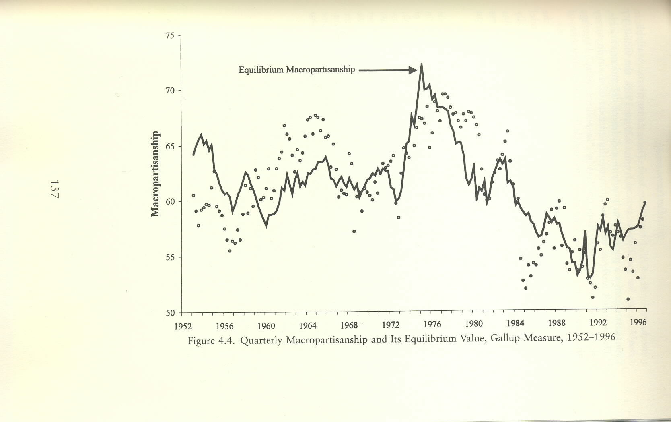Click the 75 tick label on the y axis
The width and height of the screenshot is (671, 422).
click(x=170, y=36)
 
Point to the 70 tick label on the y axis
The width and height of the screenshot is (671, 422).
click(x=170, y=91)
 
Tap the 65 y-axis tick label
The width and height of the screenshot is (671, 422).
click(x=170, y=146)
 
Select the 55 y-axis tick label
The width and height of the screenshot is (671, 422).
click(x=170, y=257)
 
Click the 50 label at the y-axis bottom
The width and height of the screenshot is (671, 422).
click(x=170, y=313)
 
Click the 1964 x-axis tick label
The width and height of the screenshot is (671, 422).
click(x=307, y=325)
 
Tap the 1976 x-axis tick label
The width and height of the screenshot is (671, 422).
click(x=432, y=325)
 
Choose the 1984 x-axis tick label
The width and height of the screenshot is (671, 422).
click(x=515, y=324)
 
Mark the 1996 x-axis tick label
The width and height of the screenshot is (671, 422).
click(x=639, y=323)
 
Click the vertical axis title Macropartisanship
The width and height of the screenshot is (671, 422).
click(x=155, y=174)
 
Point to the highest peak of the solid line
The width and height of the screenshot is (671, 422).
click(x=421, y=64)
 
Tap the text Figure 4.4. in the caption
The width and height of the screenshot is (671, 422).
click(x=211, y=341)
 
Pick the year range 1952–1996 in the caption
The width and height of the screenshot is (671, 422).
click(x=591, y=337)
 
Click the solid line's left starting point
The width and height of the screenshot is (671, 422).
click(x=193, y=155)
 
